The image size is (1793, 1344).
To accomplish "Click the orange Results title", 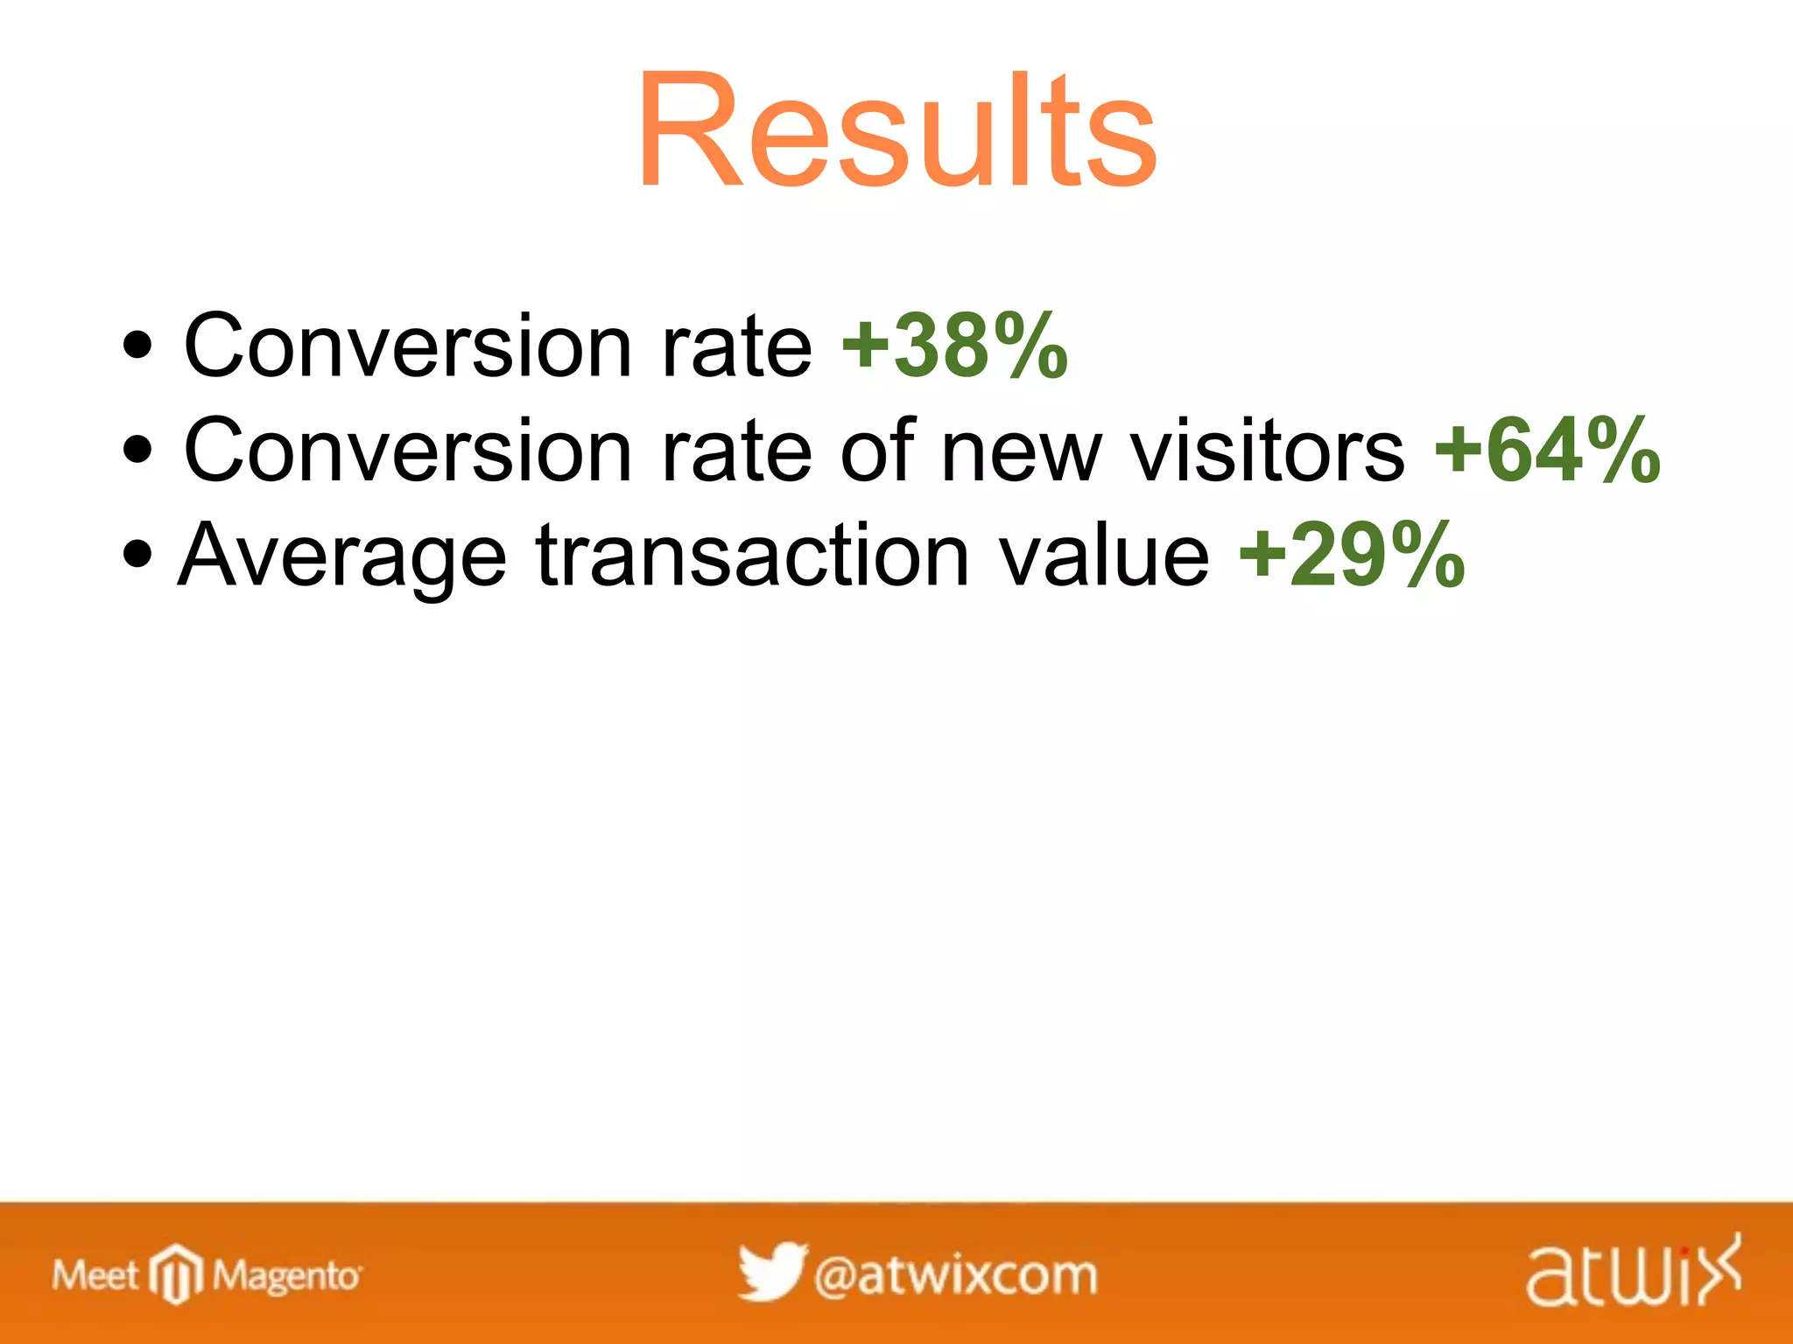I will click(896, 131).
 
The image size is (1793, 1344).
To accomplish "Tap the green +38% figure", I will click(954, 346).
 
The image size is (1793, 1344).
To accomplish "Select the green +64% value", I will click(1547, 451).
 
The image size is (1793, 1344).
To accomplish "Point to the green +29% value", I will click(1352, 555).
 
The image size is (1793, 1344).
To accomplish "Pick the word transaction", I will click(752, 555).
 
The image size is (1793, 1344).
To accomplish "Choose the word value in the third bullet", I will click(1104, 555).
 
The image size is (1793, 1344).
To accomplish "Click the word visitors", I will click(1267, 451).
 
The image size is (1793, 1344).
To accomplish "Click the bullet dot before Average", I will click(137, 555).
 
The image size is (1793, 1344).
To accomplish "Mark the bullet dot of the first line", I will click(137, 346).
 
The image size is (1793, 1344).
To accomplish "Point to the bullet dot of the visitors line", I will click(137, 451).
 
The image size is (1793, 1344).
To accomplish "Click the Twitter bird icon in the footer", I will click(770, 1271).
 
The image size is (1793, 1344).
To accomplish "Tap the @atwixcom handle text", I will click(955, 1276).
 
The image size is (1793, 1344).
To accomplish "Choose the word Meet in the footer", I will click(95, 1276).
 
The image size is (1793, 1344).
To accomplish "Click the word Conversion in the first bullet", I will click(407, 346).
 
